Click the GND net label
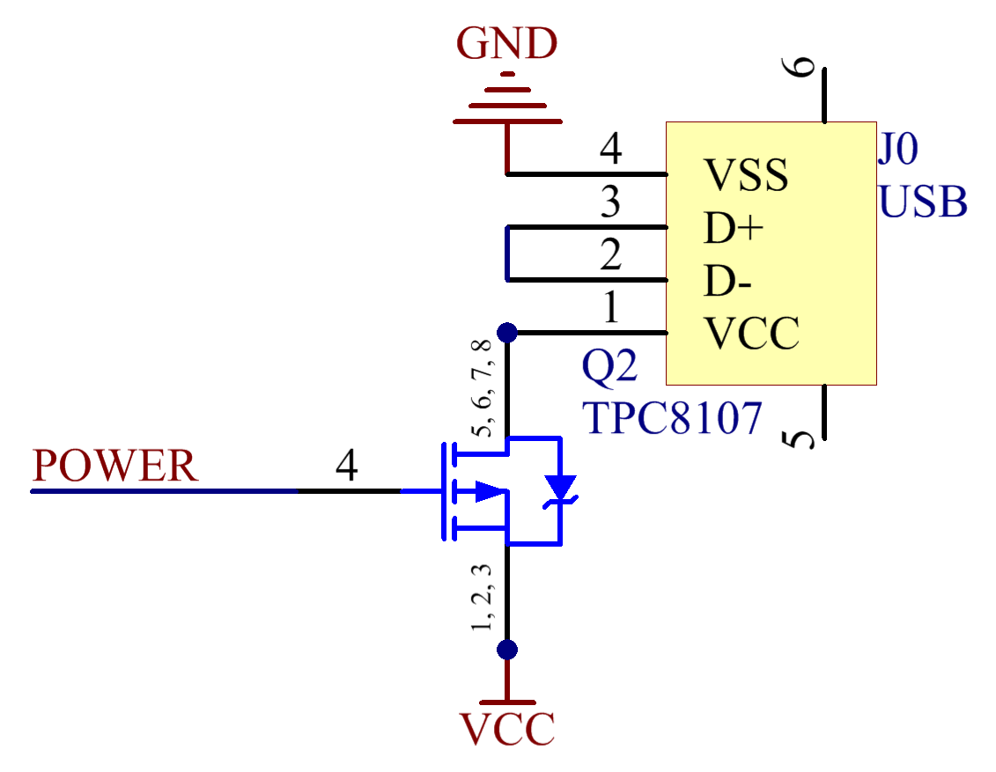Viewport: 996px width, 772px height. click(x=507, y=43)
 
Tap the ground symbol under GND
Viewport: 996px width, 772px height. click(x=507, y=97)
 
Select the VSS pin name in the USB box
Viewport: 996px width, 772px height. click(x=746, y=174)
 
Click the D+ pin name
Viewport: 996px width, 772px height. click(x=734, y=228)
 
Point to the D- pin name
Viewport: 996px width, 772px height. click(x=728, y=281)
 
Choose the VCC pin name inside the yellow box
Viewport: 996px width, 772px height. click(x=752, y=334)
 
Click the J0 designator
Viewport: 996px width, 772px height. click(x=898, y=149)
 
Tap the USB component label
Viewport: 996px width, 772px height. click(x=923, y=202)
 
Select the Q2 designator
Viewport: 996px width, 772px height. click(x=609, y=366)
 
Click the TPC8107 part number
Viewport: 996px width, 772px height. click(x=672, y=418)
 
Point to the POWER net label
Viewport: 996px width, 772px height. click(x=115, y=466)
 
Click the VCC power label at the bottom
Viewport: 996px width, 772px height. click(x=507, y=728)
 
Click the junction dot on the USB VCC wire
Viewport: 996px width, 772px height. click(x=507, y=332)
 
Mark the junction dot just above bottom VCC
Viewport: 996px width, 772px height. click(x=507, y=650)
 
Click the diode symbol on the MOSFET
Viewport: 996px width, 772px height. click(x=560, y=491)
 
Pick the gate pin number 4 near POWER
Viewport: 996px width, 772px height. click(x=347, y=466)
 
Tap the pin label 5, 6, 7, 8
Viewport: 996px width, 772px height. click(x=482, y=388)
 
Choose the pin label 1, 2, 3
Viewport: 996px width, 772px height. click(x=482, y=597)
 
